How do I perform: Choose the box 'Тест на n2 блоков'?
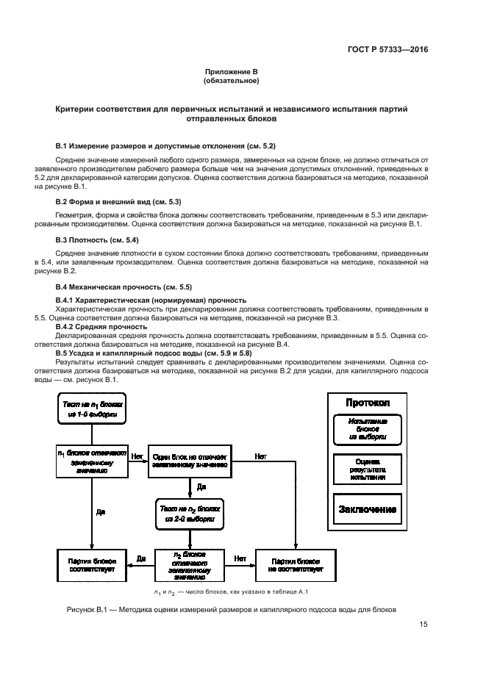[x=190, y=513]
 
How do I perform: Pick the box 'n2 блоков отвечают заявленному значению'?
[x=190, y=564]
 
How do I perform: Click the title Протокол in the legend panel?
[x=367, y=403]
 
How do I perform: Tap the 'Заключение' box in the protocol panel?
[x=367, y=509]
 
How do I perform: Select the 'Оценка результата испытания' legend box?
[x=367, y=467]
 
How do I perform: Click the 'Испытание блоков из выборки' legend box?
[x=367, y=429]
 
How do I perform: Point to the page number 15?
[x=424, y=625]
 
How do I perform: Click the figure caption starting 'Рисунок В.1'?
[x=227, y=609]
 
